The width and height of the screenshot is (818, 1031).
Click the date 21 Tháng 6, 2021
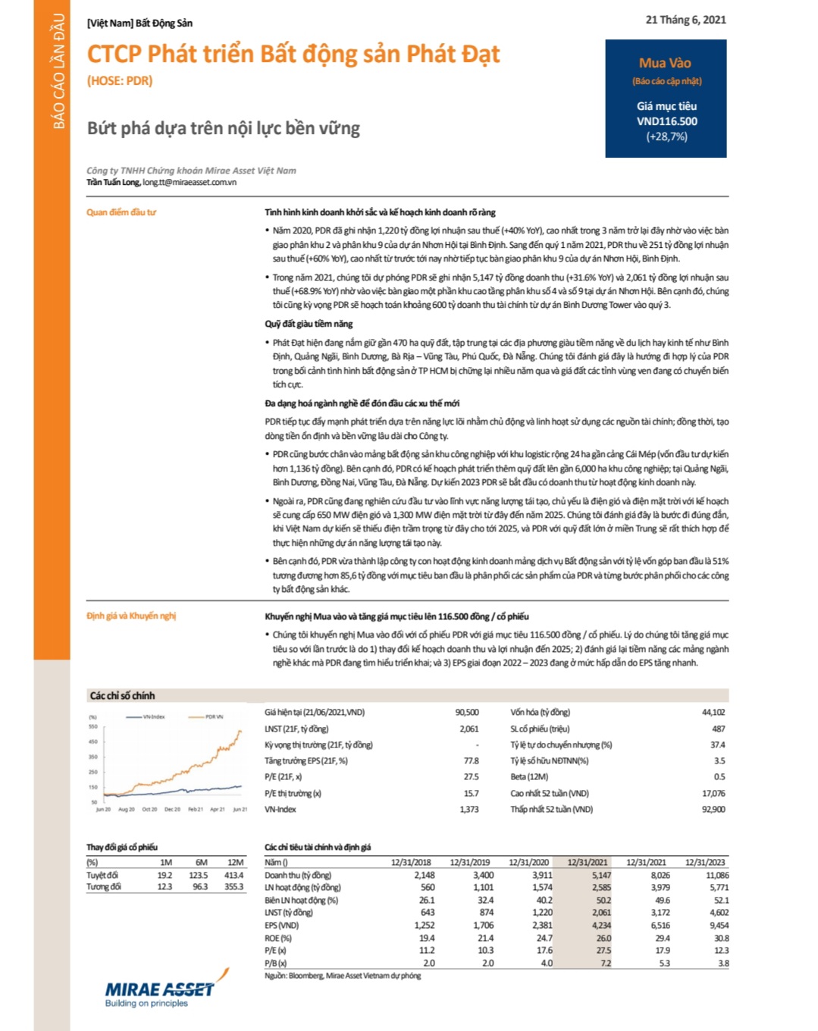pos(685,20)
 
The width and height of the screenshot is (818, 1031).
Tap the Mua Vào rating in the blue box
pos(665,63)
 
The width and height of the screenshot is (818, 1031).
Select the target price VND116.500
pos(666,121)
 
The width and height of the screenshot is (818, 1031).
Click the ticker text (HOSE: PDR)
pos(120,80)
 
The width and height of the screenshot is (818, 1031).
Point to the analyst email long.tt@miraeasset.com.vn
pos(190,182)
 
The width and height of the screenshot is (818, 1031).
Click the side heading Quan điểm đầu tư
pos(121,212)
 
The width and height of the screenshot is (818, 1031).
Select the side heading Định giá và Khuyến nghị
pos(131,616)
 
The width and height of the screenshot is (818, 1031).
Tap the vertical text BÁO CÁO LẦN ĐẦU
pos(58,71)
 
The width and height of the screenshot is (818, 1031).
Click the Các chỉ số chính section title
pos(122,695)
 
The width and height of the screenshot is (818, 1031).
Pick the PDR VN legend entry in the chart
pos(214,716)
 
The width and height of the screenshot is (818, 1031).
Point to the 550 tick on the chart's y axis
pos(93,727)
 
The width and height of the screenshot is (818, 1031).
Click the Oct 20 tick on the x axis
pos(149,810)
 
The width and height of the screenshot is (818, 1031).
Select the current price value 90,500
pos(466,712)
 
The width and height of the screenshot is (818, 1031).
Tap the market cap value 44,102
pos(713,712)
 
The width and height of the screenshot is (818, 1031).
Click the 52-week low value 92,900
pos(713,809)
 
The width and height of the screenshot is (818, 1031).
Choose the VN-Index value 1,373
pos(469,809)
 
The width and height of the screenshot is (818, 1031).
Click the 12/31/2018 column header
pos(411,862)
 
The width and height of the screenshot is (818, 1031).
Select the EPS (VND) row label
pos(282,925)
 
